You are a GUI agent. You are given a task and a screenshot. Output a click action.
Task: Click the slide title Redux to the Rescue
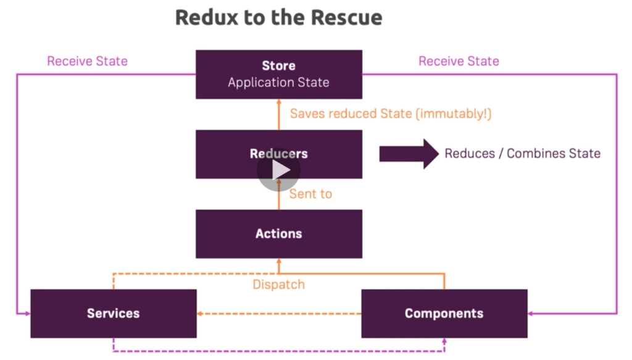click(278, 17)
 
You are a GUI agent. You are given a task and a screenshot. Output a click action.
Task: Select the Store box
click(279, 74)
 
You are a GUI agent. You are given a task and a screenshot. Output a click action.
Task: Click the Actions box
click(279, 234)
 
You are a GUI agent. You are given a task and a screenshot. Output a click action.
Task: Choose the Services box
click(114, 313)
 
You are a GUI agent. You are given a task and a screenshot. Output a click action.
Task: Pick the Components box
click(444, 313)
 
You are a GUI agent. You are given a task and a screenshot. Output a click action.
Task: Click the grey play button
click(279, 170)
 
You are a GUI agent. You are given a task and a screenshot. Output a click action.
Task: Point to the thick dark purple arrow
click(409, 154)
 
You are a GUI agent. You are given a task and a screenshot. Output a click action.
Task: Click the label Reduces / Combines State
click(522, 154)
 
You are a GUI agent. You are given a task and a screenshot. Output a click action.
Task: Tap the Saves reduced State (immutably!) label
click(391, 114)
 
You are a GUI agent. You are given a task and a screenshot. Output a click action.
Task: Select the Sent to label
click(311, 194)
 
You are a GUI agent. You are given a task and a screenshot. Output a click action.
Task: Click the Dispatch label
click(278, 285)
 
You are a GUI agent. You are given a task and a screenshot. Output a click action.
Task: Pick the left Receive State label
click(88, 61)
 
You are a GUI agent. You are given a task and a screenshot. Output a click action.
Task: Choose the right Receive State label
click(459, 61)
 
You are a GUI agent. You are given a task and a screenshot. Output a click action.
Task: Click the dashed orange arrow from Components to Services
click(279, 313)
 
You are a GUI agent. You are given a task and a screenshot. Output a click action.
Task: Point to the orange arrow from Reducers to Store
click(279, 114)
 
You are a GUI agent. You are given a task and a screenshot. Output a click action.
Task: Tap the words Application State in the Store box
click(278, 83)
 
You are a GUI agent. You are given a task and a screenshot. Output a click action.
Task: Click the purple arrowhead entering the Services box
click(28, 313)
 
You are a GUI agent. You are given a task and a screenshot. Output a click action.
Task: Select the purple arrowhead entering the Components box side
click(530, 313)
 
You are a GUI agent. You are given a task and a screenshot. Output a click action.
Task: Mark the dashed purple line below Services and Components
click(279, 351)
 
